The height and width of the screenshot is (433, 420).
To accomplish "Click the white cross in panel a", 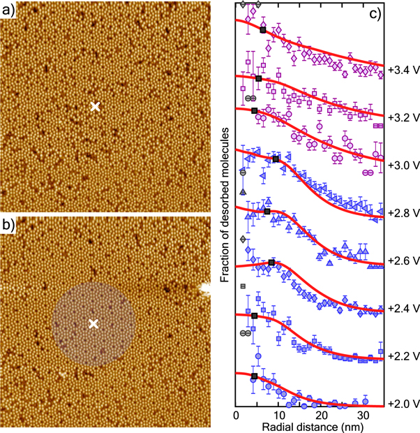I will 96,107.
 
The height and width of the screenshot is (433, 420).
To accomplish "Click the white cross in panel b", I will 93,323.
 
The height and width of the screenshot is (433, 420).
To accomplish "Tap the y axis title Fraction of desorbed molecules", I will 225,210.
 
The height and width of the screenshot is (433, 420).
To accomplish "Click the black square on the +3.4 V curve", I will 263,30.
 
